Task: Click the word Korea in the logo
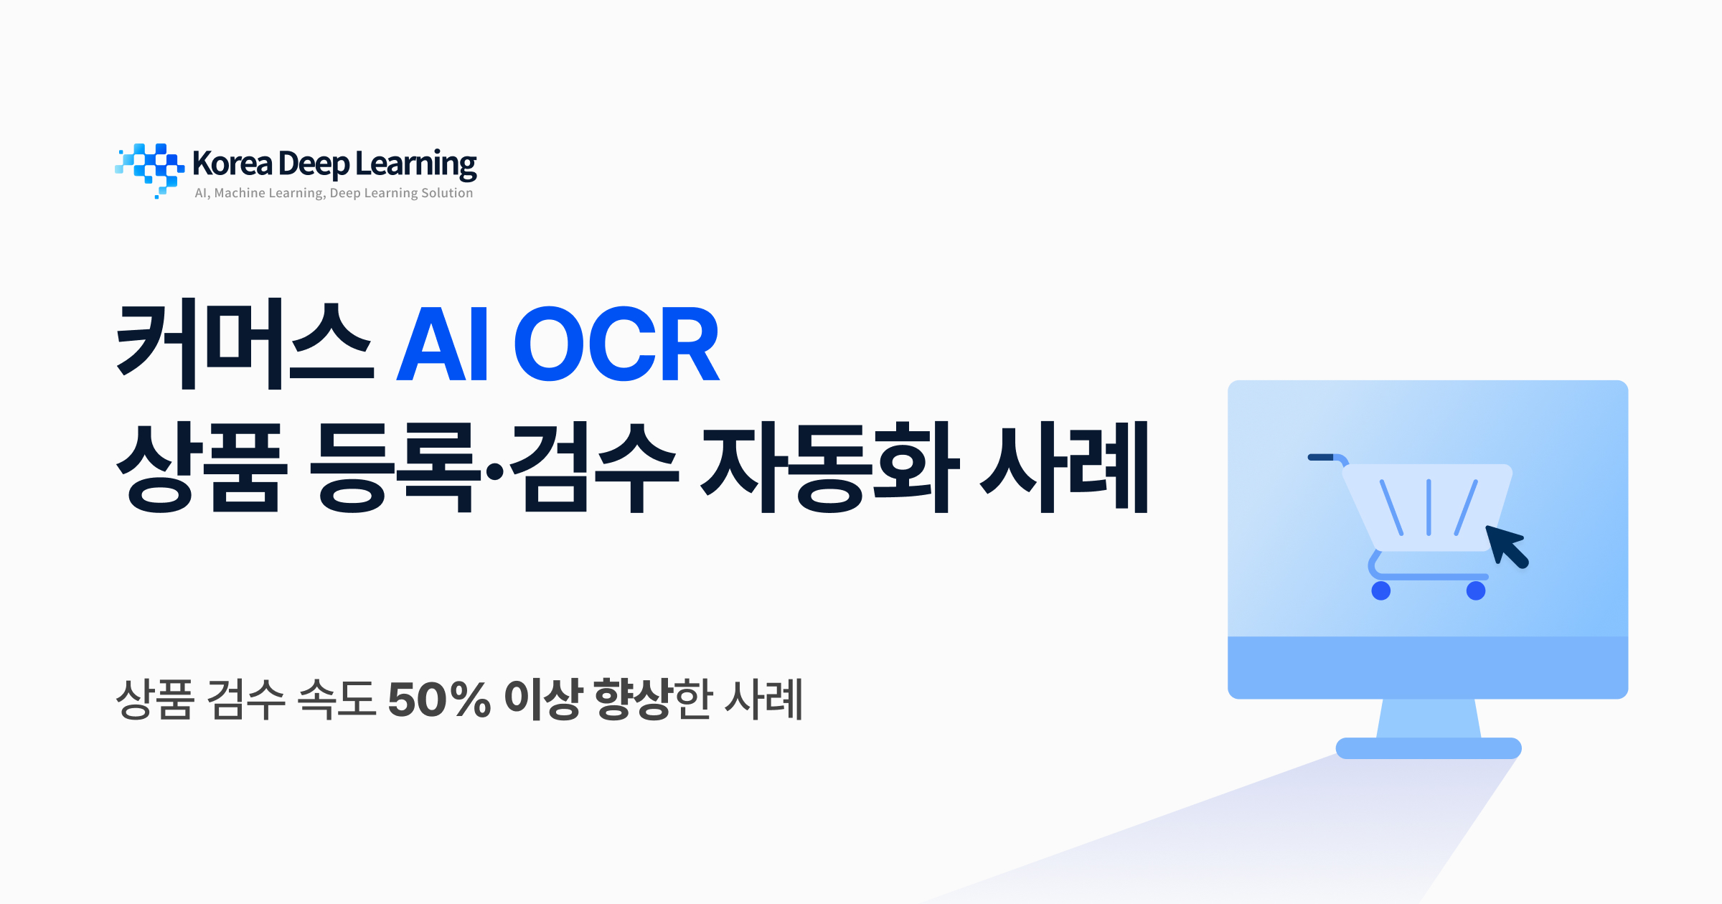pyautogui.click(x=232, y=164)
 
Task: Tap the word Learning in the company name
pyautogui.click(x=415, y=165)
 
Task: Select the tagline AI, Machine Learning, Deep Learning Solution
pyautogui.click(x=334, y=193)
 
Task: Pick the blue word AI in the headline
pyautogui.click(x=443, y=344)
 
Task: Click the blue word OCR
pyautogui.click(x=616, y=344)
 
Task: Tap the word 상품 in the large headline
pyautogui.click(x=202, y=468)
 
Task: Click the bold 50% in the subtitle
pyautogui.click(x=439, y=700)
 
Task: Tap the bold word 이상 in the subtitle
pyautogui.click(x=542, y=700)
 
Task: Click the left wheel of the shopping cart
pyautogui.click(x=1380, y=591)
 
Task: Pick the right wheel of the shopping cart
pyautogui.click(x=1476, y=591)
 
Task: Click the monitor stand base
pyautogui.click(x=1428, y=748)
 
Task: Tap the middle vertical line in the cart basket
pyautogui.click(x=1429, y=507)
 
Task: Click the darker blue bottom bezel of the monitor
pyautogui.click(x=1428, y=667)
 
